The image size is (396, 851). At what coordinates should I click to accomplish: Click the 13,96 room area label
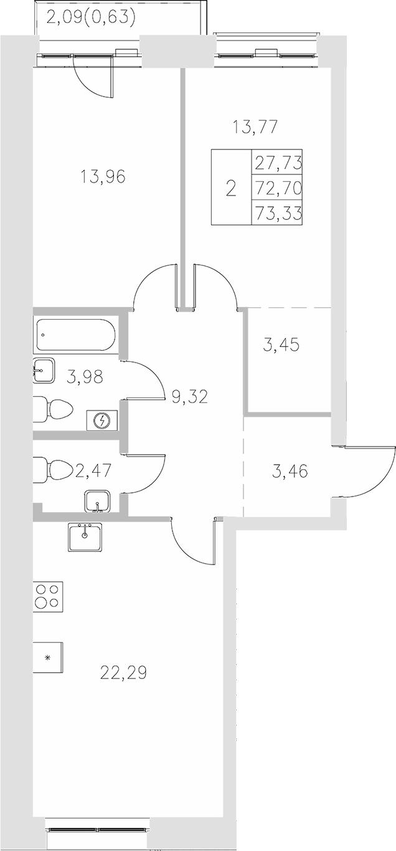point(103,177)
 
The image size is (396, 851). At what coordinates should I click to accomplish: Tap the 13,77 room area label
point(254,128)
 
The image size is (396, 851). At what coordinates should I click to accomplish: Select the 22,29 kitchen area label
point(123,673)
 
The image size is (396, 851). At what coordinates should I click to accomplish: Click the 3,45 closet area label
point(281,345)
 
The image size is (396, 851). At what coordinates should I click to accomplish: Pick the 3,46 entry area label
point(291,470)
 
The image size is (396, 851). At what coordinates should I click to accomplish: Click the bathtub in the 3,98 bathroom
point(75,335)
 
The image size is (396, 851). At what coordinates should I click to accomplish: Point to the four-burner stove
point(48,596)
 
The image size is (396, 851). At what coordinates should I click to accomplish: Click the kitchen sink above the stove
point(86,536)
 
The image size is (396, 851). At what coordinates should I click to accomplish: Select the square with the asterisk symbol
point(47,657)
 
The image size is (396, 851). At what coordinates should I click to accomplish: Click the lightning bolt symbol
point(102,421)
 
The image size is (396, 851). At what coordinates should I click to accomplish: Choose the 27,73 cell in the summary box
point(278,163)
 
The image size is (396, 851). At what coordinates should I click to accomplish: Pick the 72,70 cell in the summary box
point(278,188)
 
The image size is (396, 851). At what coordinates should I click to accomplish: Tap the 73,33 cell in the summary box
point(278,214)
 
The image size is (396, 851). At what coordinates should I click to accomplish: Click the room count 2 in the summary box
point(231,188)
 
